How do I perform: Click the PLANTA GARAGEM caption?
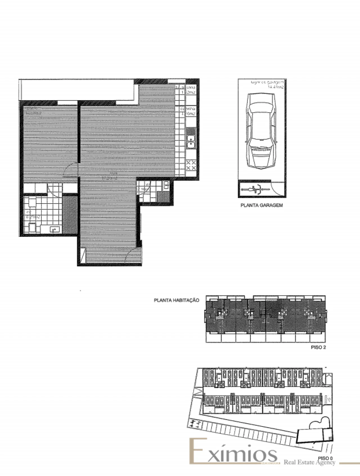click(x=262, y=205)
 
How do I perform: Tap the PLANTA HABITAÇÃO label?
click(x=176, y=300)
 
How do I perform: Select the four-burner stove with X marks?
click(x=191, y=165)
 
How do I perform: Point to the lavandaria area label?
click(x=185, y=90)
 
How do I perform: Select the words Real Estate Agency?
click(x=309, y=462)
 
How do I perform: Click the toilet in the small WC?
click(x=166, y=185)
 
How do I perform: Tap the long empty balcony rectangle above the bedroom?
click(x=76, y=89)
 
